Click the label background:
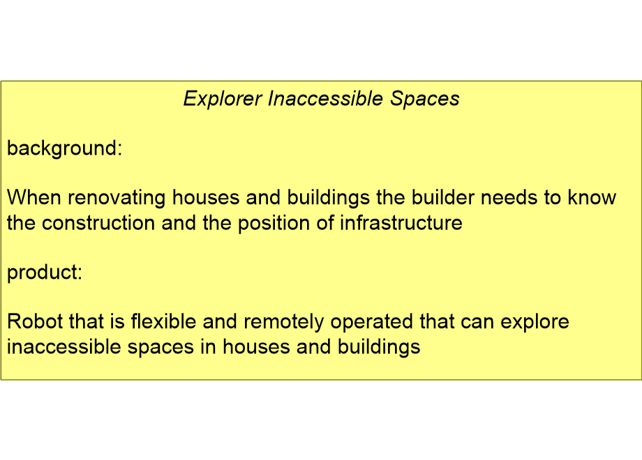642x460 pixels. pos(64,148)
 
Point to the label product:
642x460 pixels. pos(45,273)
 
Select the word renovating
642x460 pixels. pos(116,198)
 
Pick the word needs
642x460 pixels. pos(512,198)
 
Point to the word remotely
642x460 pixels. pos(284,323)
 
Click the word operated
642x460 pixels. pos(371,323)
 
